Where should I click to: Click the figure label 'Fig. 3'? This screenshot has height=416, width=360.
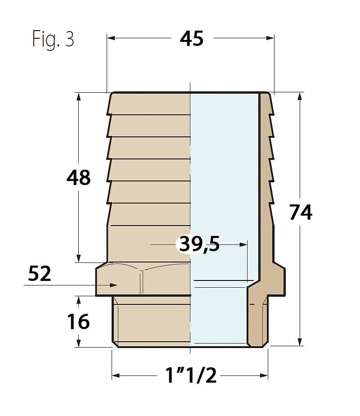pyautogui.click(x=53, y=39)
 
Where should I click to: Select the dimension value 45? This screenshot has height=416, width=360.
pyautogui.click(x=192, y=39)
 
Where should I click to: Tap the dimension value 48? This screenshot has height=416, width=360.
pyautogui.click(x=78, y=177)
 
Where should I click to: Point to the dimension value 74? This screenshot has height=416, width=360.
pyautogui.click(x=301, y=212)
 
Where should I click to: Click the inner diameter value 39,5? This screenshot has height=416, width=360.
pyautogui.click(x=199, y=244)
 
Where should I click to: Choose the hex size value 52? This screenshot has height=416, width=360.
pyautogui.click(x=40, y=274)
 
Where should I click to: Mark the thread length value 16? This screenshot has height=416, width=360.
pyautogui.click(x=78, y=321)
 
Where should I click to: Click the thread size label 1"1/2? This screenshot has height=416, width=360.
pyautogui.click(x=191, y=375)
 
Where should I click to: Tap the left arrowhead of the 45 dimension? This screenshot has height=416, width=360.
pyautogui.click(x=111, y=38)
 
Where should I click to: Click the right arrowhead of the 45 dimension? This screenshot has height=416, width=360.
pyautogui.click(x=270, y=38)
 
